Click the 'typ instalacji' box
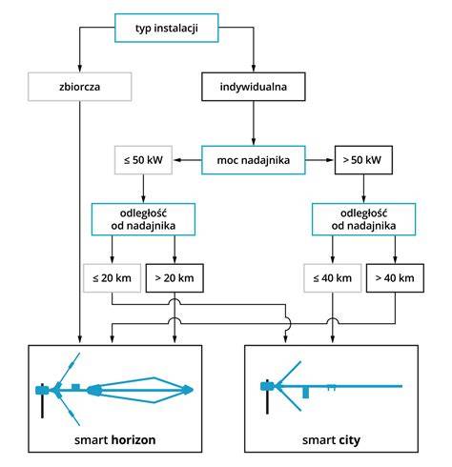167,28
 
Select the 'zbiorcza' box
80,87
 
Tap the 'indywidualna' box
254,87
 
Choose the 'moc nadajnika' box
254,160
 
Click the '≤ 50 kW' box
143,160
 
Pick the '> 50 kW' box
363,160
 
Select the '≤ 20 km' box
112,278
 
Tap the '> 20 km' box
175,278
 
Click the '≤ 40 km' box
333,278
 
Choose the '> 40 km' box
395,278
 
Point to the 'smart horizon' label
115,440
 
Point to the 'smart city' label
331,440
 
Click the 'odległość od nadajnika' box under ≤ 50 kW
143,219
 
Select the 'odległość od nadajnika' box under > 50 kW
363,219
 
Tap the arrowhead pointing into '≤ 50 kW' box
176,160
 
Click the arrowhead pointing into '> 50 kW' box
330,160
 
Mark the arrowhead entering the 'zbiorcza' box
80,69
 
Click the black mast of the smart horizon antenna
42,401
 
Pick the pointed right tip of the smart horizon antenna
192,390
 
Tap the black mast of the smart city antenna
267,396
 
